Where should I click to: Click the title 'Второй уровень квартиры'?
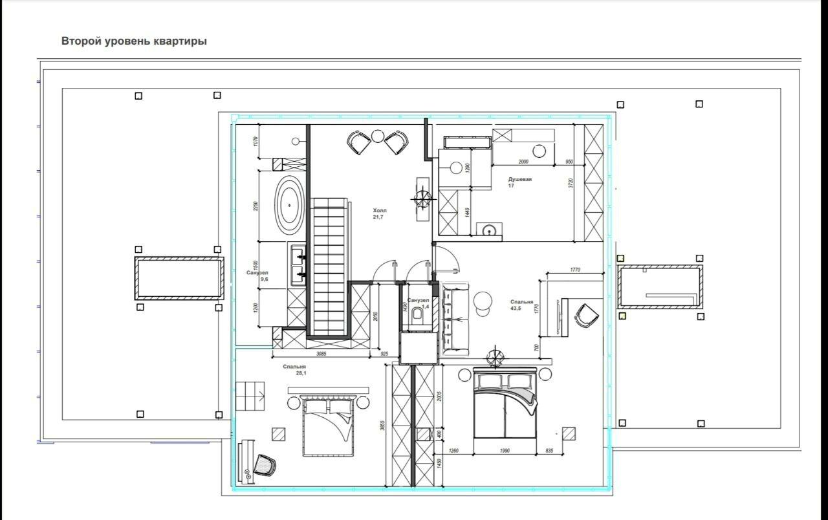[134, 41]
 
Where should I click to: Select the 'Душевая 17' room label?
[519, 182]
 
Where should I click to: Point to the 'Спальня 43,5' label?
[521, 305]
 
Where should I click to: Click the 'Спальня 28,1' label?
[294, 369]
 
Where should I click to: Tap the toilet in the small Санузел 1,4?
[418, 316]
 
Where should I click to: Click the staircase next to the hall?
[329, 265]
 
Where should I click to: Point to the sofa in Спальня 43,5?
[456, 318]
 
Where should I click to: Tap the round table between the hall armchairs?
[378, 136]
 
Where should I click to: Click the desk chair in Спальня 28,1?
[265, 464]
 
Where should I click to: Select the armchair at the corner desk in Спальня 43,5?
[587, 315]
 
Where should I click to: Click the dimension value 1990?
[505, 450]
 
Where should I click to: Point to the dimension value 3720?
[570, 183]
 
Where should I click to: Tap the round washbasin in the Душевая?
[490, 229]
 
